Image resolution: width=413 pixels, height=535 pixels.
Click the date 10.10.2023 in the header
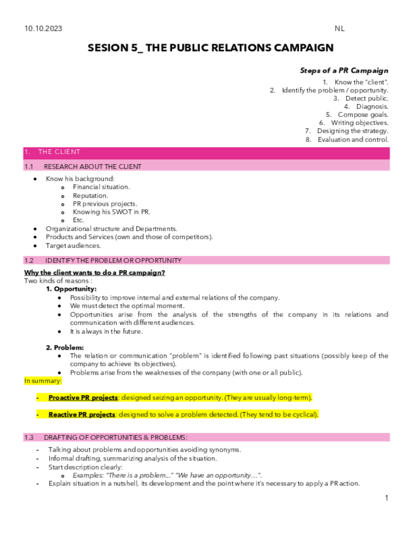pyautogui.click(x=44, y=29)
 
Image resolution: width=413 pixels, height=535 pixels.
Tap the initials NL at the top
pyautogui.click(x=340, y=29)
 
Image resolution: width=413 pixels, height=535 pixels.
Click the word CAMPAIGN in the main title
pyautogui.click(x=295, y=48)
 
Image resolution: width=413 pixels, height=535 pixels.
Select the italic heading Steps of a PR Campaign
pyautogui.click(x=344, y=71)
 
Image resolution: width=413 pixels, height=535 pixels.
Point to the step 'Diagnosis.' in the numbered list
pyautogui.click(x=372, y=107)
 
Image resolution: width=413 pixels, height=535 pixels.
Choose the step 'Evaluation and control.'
pyautogui.click(x=352, y=139)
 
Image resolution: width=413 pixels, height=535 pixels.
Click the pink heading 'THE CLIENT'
pyautogui.click(x=59, y=152)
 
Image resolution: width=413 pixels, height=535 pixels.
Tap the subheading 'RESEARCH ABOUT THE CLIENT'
pyautogui.click(x=93, y=167)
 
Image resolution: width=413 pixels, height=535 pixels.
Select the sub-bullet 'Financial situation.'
pyautogui.click(x=101, y=187)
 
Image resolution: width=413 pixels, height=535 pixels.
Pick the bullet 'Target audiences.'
pyautogui.click(x=73, y=245)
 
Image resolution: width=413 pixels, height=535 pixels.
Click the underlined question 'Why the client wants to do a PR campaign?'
pyautogui.click(x=95, y=273)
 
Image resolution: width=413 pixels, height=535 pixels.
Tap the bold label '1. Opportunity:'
pyautogui.click(x=71, y=289)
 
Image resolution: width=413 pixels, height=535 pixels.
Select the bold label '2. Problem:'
pyautogui.click(x=65, y=348)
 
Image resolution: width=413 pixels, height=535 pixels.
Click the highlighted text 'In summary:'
pyautogui.click(x=43, y=381)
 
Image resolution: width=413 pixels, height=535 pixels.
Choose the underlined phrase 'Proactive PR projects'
pyautogui.click(x=83, y=398)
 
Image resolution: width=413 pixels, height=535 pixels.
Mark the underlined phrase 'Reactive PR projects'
pyautogui.click(x=82, y=414)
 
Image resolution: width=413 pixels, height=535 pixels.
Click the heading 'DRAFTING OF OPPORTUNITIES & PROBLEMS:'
pyautogui.click(x=115, y=437)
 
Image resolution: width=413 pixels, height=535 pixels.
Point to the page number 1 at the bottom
pyautogui.click(x=386, y=498)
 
